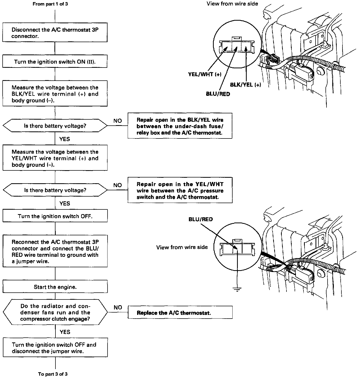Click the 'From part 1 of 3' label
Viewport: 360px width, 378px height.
pyautogui.click(x=50, y=4)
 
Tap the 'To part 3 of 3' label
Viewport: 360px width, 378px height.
pyautogui.click(x=53, y=374)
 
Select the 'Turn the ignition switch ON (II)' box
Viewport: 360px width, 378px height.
pyautogui.click(x=55, y=62)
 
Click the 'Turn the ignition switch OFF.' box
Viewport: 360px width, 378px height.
pyautogui.click(x=55, y=216)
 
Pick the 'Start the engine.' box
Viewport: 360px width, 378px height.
pyautogui.click(x=55, y=287)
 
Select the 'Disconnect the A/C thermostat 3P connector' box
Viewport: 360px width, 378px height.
pyautogui.click(x=55, y=33)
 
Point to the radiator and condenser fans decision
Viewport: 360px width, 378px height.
pyautogui.click(x=55, y=312)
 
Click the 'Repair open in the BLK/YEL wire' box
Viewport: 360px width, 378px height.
pyautogui.click(x=180, y=126)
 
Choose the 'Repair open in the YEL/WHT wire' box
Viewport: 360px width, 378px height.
pyautogui.click(x=180, y=190)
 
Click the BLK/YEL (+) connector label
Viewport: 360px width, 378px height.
pyautogui.click(x=245, y=85)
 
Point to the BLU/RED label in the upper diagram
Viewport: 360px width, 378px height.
pyautogui.click(x=218, y=94)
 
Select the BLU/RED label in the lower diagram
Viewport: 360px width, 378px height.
pyautogui.click(x=201, y=219)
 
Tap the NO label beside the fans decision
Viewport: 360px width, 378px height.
pyautogui.click(x=118, y=307)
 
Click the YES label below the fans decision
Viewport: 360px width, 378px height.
pyautogui.click(x=65, y=332)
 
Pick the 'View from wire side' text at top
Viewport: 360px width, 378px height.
pyautogui.click(x=232, y=4)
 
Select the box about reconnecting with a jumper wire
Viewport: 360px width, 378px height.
pyautogui.click(x=55, y=251)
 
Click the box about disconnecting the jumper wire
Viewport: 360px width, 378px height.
pyautogui.click(x=55, y=348)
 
